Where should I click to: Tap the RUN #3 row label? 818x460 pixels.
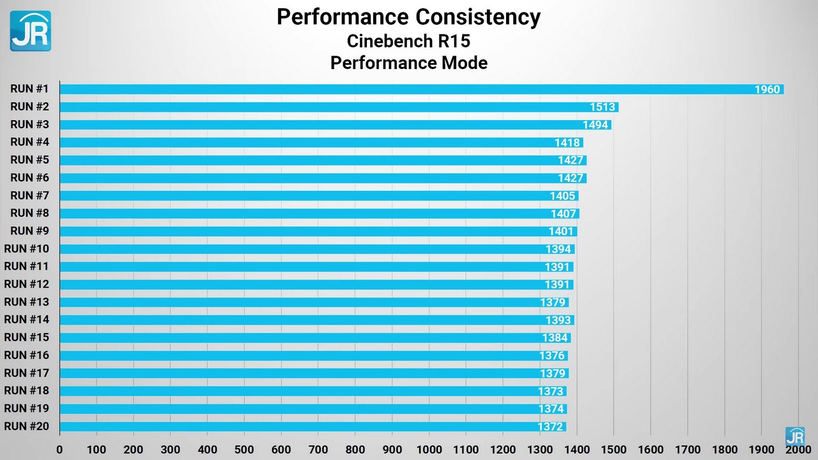29,124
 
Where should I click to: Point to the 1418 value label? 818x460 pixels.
567,142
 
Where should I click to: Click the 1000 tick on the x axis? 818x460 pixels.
429,449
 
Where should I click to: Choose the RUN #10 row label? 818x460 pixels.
26,249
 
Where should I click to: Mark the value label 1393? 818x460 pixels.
558,320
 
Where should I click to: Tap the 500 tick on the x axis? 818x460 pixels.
244,449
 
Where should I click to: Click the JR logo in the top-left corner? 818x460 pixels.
30,31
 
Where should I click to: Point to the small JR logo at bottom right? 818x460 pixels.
795,436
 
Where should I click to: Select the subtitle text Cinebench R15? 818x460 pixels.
408,41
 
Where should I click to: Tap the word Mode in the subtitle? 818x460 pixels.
464,63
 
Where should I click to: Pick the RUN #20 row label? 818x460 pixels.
26,426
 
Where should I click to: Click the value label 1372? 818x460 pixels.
550,427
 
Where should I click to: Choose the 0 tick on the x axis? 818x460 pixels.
59,449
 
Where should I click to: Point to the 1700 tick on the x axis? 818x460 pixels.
688,449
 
